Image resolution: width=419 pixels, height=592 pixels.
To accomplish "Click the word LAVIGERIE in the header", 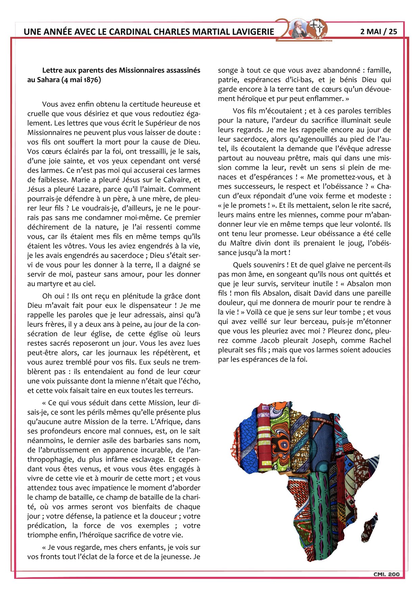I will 253,32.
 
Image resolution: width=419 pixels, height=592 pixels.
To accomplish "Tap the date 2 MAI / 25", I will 378,31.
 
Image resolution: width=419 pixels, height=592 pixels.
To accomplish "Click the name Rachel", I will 380,341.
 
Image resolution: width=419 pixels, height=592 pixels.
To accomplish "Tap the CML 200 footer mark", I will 386,574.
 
